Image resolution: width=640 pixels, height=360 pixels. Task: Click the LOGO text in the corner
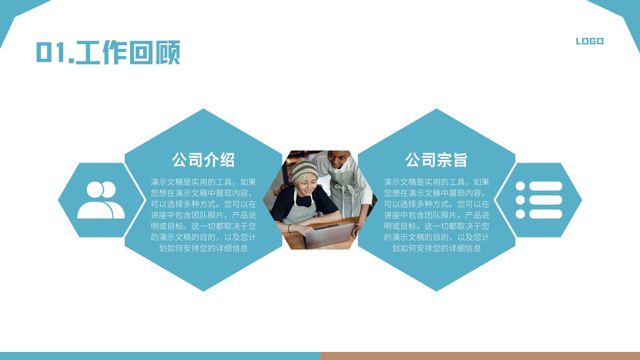pos(590,41)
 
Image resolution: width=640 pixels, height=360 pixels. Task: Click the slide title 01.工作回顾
pos(108,52)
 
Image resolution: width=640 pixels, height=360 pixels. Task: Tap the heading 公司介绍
pos(203,160)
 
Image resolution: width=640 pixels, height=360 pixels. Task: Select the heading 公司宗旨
pos(436,160)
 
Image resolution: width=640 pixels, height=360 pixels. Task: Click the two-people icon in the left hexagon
pos(101,200)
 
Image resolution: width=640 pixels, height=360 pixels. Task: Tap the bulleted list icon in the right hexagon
pos(539,200)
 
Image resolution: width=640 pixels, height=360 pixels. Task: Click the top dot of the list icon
pos(520,186)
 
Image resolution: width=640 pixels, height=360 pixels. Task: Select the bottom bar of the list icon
pos(546,214)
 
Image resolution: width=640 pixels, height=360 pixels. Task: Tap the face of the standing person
pos(339,160)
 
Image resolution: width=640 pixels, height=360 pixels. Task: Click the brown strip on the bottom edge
pos(480,356)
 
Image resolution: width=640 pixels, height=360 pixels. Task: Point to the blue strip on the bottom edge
pos(160,356)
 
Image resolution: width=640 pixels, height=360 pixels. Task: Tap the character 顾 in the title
pos(168,52)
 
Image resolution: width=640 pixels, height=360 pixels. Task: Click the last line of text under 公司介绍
pos(203,248)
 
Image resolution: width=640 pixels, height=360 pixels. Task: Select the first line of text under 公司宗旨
pos(436,182)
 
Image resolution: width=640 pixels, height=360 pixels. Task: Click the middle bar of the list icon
pos(546,200)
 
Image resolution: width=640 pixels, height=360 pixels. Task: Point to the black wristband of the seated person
pos(290,228)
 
